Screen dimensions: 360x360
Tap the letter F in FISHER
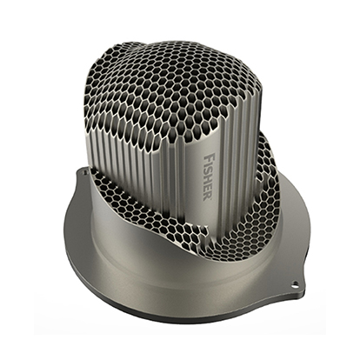tap(206, 153)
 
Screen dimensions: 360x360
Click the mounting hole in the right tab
tap(296, 284)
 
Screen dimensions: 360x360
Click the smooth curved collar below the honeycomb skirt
tap(174, 261)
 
